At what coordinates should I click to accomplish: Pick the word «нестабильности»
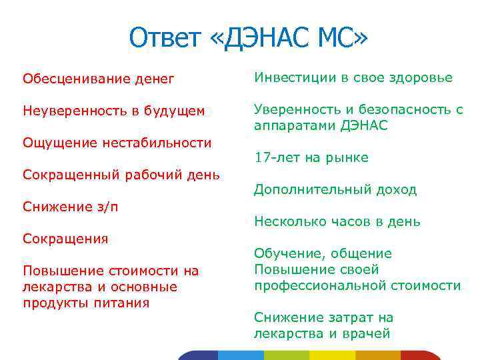pyautogui.click(x=157, y=143)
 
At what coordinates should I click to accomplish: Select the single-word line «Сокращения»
pyautogui.click(x=65, y=239)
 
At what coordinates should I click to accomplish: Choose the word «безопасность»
pyautogui.click(x=402, y=109)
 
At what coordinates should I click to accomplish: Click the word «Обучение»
pyautogui.click(x=286, y=253)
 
